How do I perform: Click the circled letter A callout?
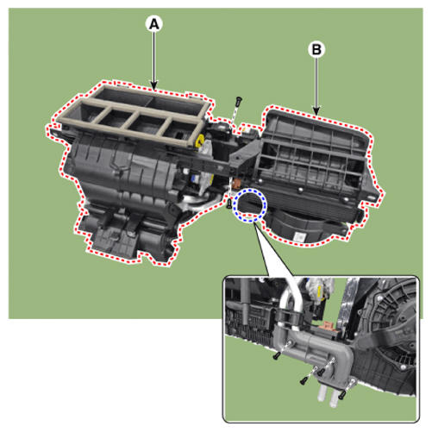(154, 24)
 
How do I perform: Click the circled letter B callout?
(316, 49)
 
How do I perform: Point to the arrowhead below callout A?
(154, 85)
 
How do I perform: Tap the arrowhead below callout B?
(316, 110)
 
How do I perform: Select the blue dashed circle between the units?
(250, 205)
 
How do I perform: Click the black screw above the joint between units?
(238, 102)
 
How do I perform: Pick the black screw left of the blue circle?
(229, 203)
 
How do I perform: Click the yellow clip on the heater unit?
(199, 141)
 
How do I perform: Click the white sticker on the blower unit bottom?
(300, 237)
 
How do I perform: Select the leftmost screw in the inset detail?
(276, 356)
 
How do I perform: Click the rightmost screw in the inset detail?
(341, 396)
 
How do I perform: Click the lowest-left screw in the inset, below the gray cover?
(304, 381)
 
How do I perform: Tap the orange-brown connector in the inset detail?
(329, 326)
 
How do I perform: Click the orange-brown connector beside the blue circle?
(237, 183)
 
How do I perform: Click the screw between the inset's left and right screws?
(321, 373)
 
